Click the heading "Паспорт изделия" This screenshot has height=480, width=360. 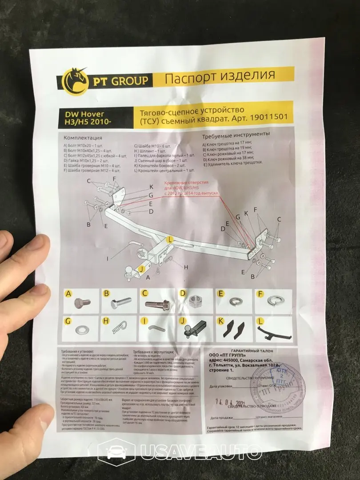[220, 77]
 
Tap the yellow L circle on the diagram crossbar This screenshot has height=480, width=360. [169, 239]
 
